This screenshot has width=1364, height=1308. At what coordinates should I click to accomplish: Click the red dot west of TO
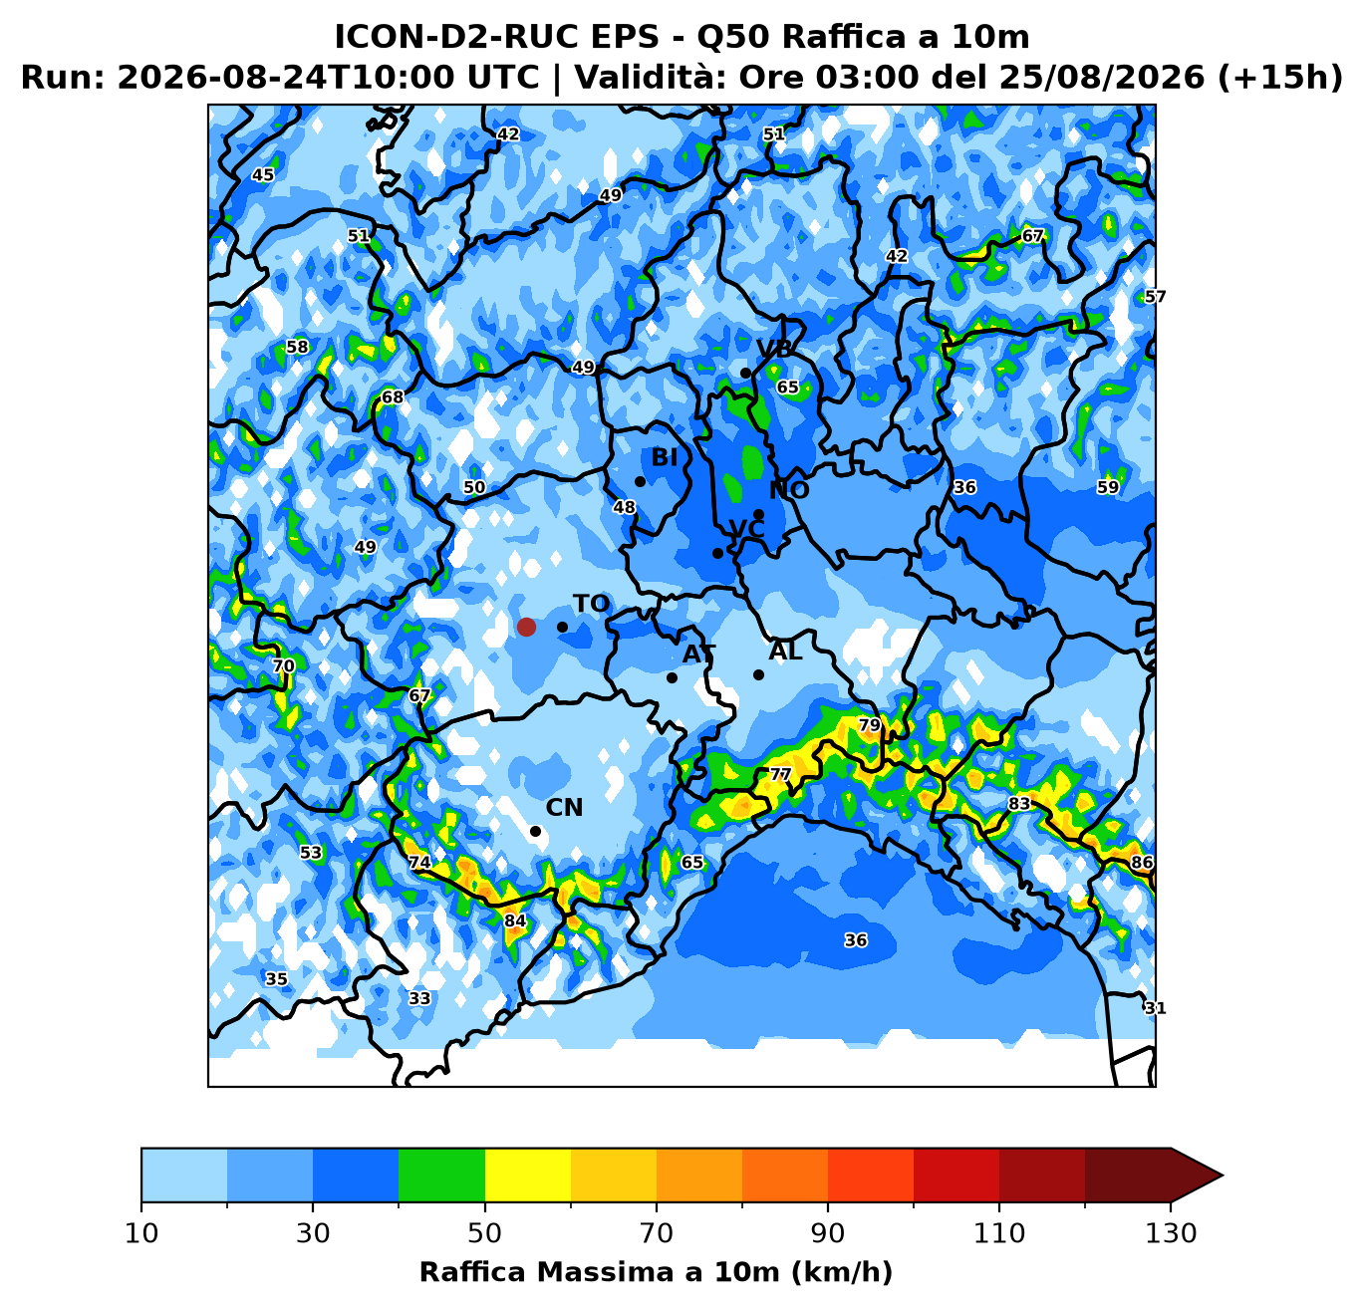526,627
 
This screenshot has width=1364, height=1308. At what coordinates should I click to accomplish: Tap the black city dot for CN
535,832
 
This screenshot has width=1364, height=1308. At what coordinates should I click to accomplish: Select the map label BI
665,457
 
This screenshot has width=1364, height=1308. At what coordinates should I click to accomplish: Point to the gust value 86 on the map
1141,862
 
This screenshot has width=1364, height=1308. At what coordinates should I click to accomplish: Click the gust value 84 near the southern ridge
515,920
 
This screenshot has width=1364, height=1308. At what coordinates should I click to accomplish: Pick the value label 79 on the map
869,725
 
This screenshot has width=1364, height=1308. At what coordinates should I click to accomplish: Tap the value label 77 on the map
780,775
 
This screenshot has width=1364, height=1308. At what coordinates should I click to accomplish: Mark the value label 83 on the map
1019,803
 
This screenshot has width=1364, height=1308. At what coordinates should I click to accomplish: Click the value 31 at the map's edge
1155,1008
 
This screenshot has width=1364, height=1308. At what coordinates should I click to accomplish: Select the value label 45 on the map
263,174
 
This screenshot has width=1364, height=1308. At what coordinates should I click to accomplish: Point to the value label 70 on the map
283,665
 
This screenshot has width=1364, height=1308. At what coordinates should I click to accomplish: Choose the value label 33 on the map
419,998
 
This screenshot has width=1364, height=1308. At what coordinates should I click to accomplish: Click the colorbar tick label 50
484,1233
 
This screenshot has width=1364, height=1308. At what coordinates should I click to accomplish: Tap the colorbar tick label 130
1170,1233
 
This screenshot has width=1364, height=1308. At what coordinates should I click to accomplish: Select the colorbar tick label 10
141,1233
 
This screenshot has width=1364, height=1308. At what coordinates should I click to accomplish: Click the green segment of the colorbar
441,1176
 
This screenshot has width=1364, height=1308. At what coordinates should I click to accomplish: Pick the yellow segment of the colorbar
528,1176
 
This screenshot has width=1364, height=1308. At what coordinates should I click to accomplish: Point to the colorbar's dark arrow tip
1222,1176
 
